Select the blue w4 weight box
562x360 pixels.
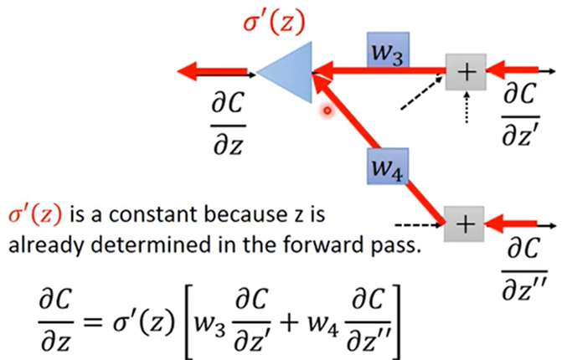click(x=388, y=169)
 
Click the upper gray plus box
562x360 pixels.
click(x=465, y=74)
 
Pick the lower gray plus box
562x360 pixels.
click(x=465, y=224)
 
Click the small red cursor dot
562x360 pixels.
click(x=329, y=109)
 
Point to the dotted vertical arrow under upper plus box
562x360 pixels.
click(x=467, y=107)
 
